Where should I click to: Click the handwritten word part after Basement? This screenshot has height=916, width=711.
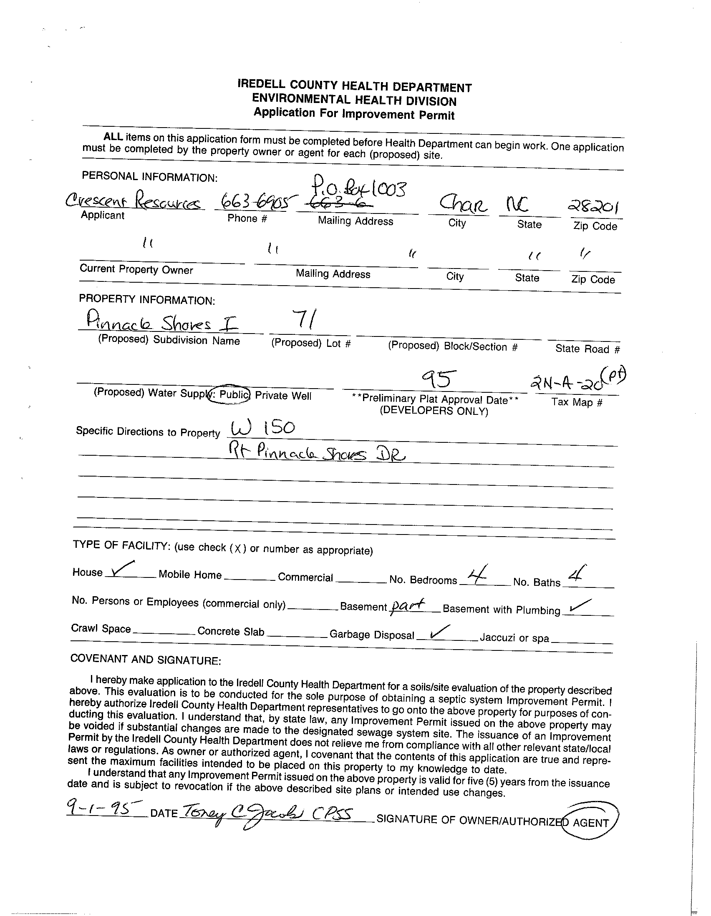pyautogui.click(x=407, y=605)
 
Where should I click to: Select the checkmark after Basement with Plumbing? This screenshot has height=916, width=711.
pyautogui.click(x=580, y=605)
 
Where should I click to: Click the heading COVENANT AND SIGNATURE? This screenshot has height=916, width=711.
pyautogui.click(x=145, y=660)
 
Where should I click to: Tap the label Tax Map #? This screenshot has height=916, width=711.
pyautogui.click(x=577, y=402)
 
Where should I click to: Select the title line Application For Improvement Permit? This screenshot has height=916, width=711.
pyautogui.click(x=354, y=113)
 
